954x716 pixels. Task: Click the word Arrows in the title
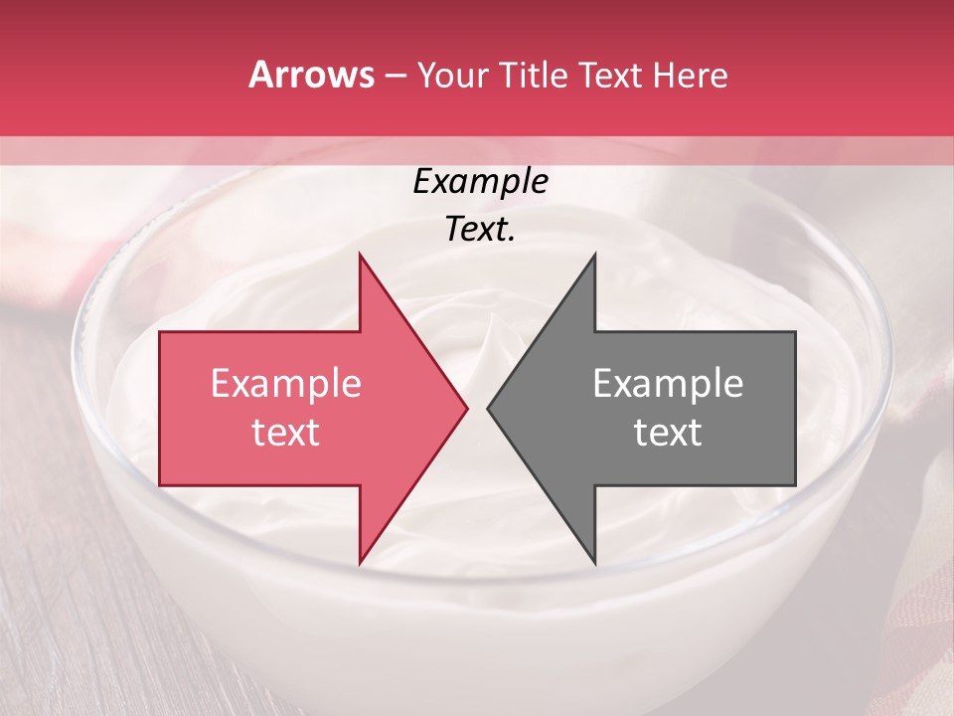click(311, 75)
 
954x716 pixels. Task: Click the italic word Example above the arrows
click(480, 182)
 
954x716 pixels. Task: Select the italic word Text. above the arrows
click(480, 230)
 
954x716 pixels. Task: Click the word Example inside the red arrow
click(286, 384)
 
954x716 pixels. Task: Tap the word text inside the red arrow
click(286, 433)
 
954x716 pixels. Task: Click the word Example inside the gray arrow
click(668, 384)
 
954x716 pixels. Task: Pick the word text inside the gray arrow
click(668, 433)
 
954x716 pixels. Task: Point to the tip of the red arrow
click(467, 408)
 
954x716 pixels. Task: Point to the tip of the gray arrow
click(488, 408)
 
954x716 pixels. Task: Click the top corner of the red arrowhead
click(360, 254)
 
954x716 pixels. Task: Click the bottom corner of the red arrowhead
click(360, 563)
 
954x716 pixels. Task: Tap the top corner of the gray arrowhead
click(595, 254)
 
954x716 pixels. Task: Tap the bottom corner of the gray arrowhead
click(595, 563)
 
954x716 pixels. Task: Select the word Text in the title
click(614, 76)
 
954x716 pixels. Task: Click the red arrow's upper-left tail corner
click(160, 332)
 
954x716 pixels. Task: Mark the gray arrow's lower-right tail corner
click(795, 485)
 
